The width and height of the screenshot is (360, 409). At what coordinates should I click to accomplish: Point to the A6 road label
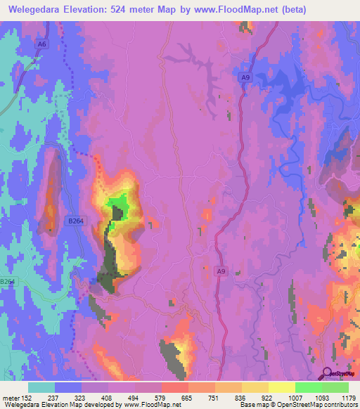[x=43, y=44]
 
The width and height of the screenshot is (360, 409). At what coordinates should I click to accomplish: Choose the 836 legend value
[x=241, y=397]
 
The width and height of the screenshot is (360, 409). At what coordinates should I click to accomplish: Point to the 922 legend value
[x=267, y=397]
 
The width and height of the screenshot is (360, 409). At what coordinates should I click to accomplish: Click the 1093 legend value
[x=321, y=397]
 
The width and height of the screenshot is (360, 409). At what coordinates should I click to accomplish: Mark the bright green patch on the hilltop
[x=117, y=208]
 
